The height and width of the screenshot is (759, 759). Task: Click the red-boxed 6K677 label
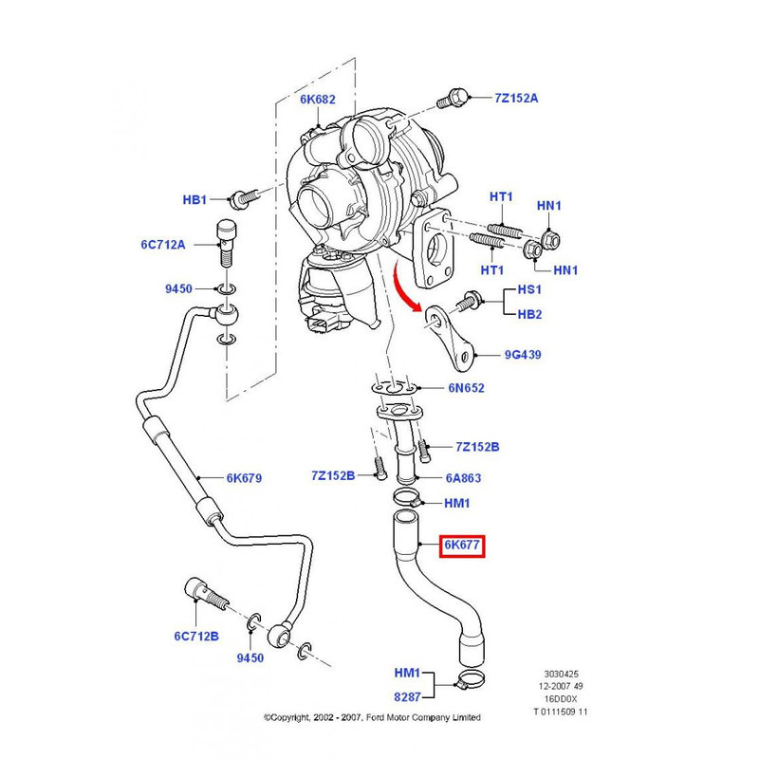(x=462, y=546)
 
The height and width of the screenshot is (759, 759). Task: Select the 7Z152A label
(x=515, y=98)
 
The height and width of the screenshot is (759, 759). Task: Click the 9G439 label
(x=524, y=356)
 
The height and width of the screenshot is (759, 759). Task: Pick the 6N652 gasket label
(x=466, y=387)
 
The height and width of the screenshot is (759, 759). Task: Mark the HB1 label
(x=194, y=200)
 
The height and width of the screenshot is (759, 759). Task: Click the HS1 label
(x=528, y=289)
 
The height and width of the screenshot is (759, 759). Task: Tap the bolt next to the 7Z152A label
(x=455, y=100)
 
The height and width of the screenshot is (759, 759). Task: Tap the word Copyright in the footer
(x=297, y=717)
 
